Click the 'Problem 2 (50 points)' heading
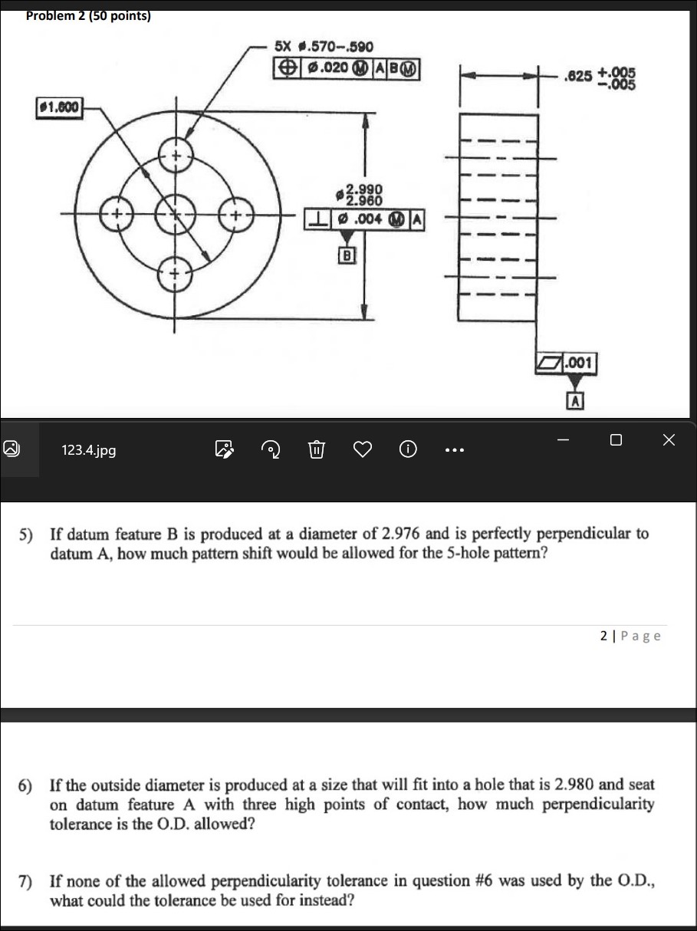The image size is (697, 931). click(88, 16)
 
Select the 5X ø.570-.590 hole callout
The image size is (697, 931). click(324, 49)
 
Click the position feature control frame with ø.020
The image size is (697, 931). click(346, 68)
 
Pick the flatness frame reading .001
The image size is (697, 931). click(566, 362)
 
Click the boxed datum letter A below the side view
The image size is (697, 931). click(574, 399)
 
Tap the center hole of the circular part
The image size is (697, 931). click(175, 212)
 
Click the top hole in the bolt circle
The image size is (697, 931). click(176, 156)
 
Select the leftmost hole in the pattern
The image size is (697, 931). click(116, 212)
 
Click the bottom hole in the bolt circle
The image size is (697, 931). click(176, 271)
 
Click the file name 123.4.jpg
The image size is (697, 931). click(88, 450)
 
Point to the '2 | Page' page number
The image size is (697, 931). click(630, 636)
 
